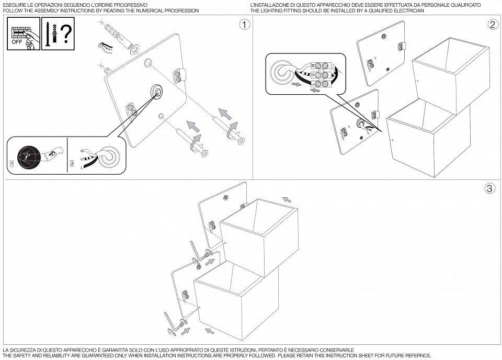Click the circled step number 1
coord(245,25)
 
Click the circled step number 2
coord(493,25)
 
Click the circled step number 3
coord(489,188)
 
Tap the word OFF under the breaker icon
coord(17,42)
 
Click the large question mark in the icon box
coord(66,34)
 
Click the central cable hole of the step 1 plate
coord(157,92)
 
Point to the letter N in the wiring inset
coord(82,151)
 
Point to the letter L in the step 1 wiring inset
coord(82,167)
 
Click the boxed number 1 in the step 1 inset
coord(12,164)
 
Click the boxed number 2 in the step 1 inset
coord(72,164)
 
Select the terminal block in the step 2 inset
coord(321,75)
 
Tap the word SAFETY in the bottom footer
coord(22,355)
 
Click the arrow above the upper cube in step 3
coord(287,199)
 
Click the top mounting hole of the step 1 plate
coord(147,62)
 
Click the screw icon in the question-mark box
coord(47,35)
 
